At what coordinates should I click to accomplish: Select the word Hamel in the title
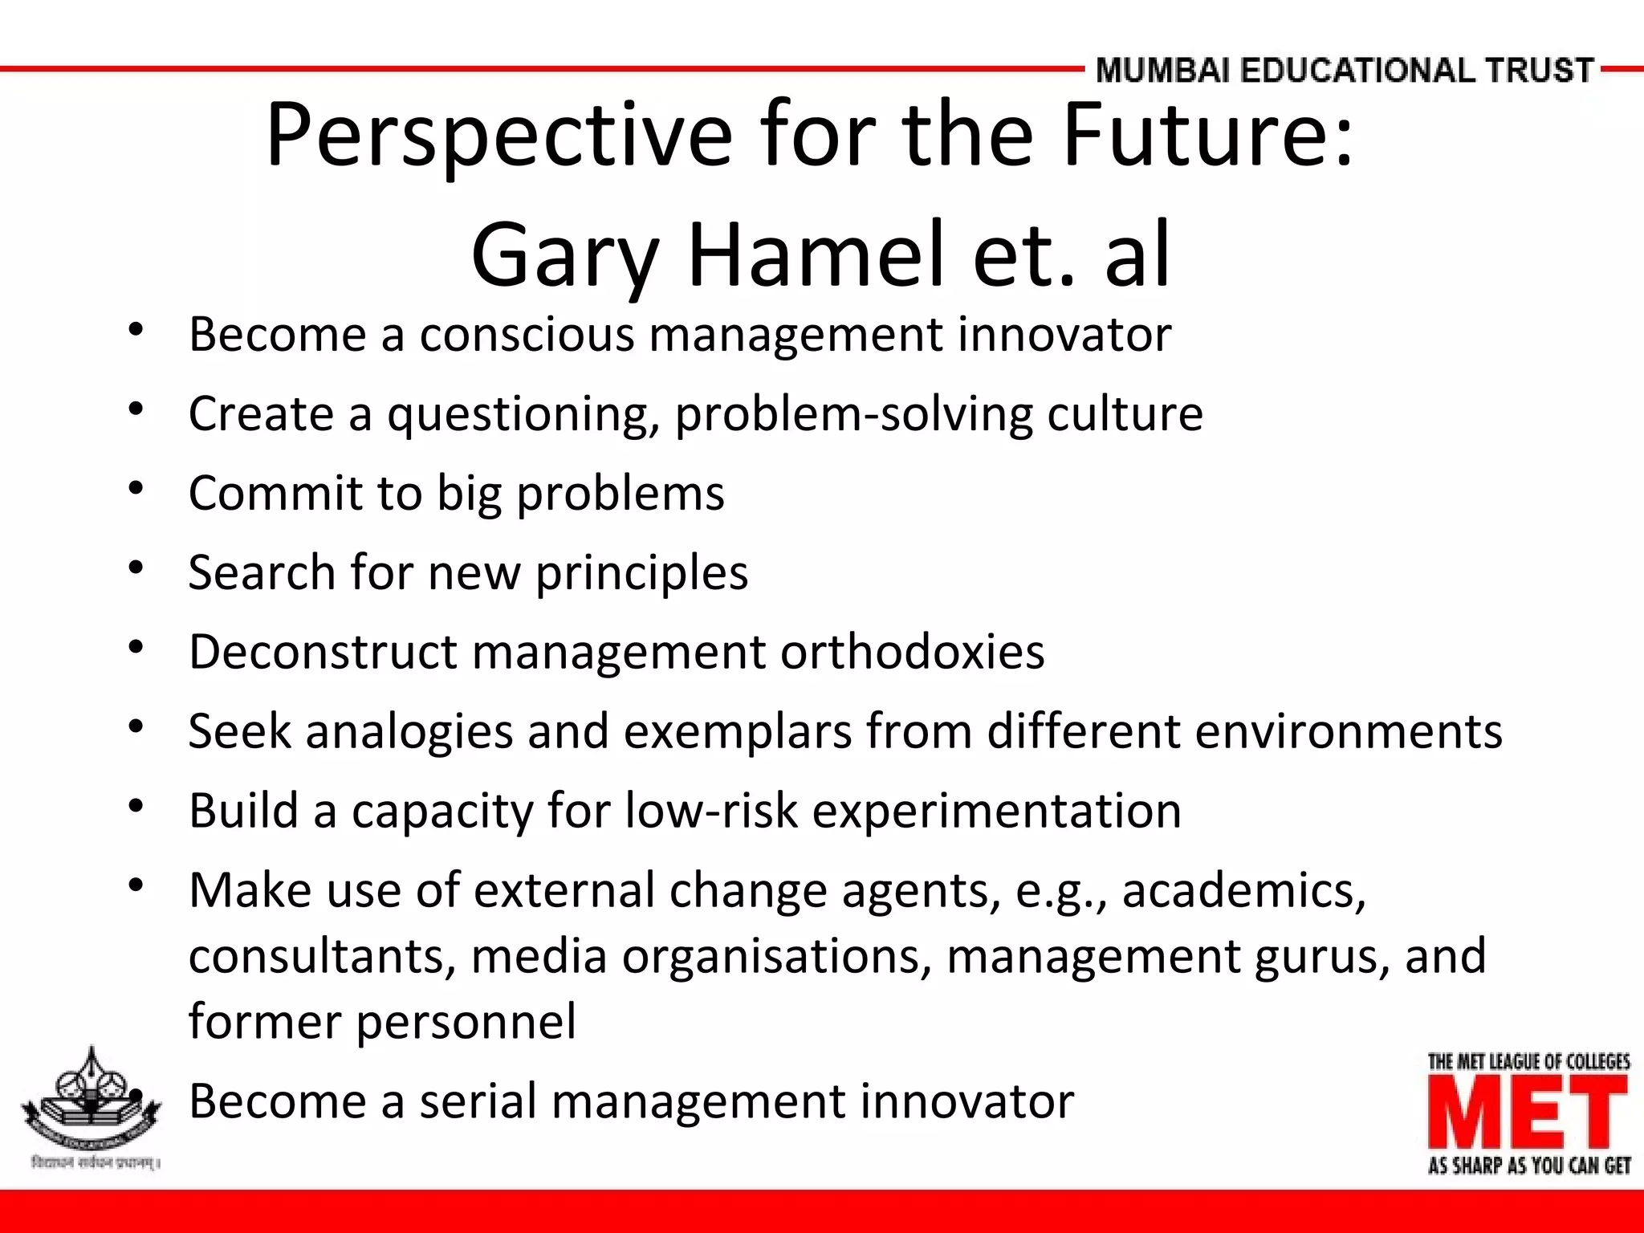tap(816, 255)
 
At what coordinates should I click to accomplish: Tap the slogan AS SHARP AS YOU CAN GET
tap(1528, 1166)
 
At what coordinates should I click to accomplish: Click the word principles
tap(641, 573)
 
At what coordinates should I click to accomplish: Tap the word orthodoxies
tap(913, 651)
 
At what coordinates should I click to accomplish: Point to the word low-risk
tap(711, 811)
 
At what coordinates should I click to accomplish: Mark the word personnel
tap(466, 1022)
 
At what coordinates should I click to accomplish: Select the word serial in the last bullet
tap(478, 1101)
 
